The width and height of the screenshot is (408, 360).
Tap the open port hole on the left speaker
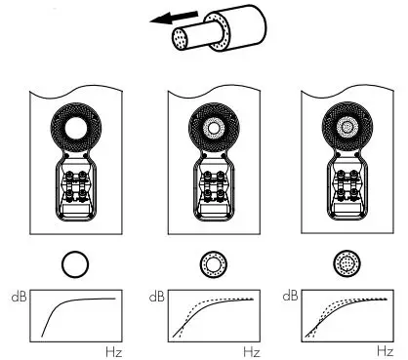(x=75, y=127)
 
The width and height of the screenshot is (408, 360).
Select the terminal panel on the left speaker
(x=75, y=191)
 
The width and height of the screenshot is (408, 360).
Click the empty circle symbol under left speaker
(x=75, y=264)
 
